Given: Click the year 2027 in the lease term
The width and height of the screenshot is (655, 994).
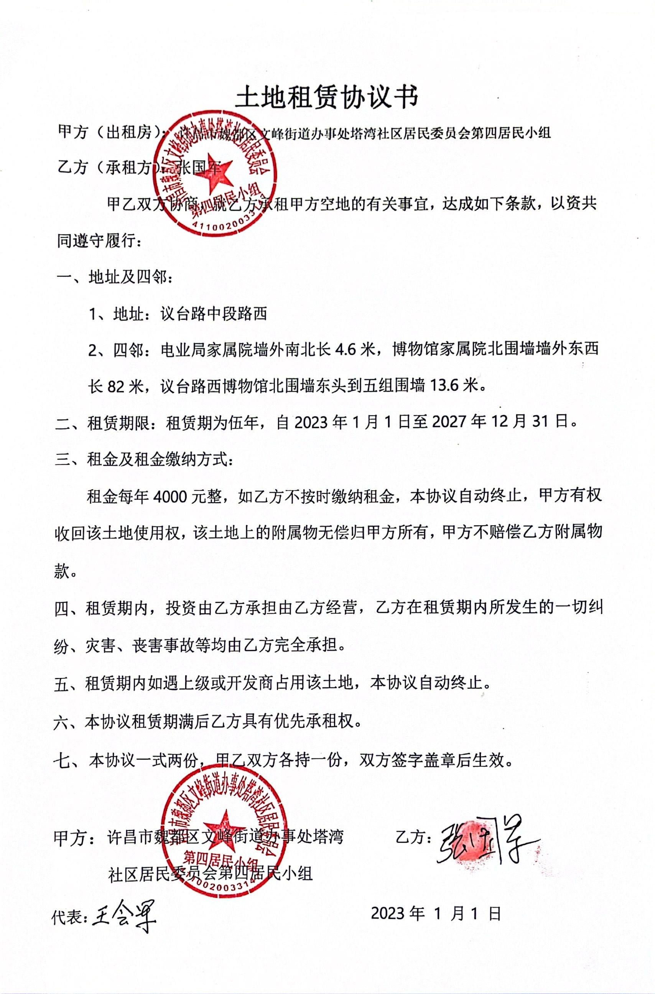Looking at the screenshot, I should coord(449,422).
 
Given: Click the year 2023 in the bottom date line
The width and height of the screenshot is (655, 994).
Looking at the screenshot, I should coord(388,913).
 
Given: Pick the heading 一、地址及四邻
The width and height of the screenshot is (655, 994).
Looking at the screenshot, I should coord(113,277).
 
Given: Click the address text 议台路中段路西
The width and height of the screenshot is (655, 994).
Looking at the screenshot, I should coord(213,314).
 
